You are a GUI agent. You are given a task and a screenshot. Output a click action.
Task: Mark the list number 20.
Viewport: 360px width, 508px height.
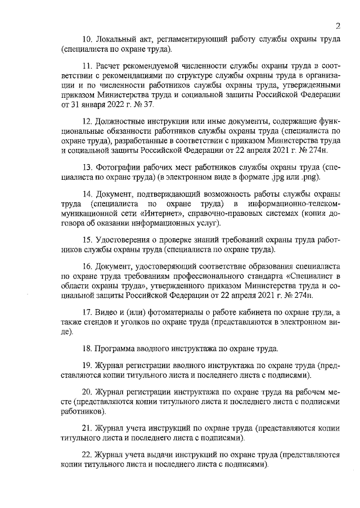coord(88,393)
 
